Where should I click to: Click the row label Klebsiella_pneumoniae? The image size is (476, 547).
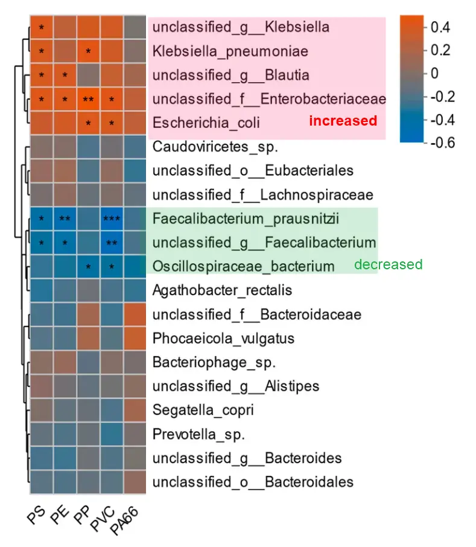tap(230, 51)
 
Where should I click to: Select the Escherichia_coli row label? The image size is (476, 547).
tap(206, 123)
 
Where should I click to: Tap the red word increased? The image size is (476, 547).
tap(343, 121)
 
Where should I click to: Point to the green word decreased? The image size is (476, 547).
tap(388, 264)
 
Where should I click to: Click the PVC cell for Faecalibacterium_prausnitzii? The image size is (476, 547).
tap(112, 219)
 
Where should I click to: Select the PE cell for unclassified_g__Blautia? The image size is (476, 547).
tap(65, 75)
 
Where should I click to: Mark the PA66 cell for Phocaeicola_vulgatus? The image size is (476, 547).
tap(135, 338)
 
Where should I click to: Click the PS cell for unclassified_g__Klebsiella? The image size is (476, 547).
tap(41, 27)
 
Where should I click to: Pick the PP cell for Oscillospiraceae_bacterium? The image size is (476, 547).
tap(88, 266)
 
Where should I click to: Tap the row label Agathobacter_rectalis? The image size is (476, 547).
tap(222, 290)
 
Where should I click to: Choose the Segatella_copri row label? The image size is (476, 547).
tap(203, 410)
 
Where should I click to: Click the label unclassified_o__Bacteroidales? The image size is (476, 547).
tap(253, 482)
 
